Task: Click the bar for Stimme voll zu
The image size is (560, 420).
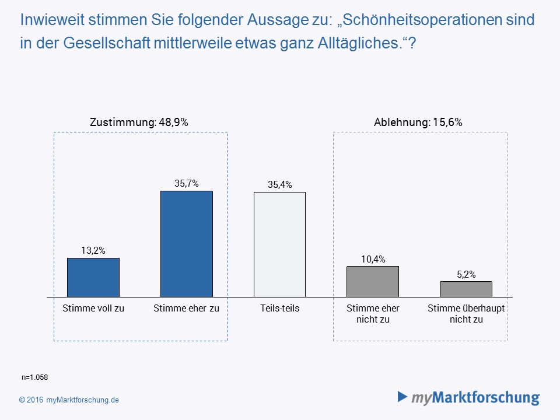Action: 93,277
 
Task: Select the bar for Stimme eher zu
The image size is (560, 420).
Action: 187,244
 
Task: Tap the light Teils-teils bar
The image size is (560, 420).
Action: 279,244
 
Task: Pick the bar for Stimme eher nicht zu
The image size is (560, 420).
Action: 373,281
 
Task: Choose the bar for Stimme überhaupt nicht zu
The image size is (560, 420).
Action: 466,289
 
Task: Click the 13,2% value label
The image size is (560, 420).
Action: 93,251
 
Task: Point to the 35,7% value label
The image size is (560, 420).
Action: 187,184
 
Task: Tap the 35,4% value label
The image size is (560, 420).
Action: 279,185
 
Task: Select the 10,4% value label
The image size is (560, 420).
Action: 373,259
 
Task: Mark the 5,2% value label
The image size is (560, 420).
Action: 466,274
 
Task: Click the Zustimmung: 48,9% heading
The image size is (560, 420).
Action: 139,123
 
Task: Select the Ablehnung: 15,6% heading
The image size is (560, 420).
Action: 418,123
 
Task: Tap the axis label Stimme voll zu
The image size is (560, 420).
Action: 93,308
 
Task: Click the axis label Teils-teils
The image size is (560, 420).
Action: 279,308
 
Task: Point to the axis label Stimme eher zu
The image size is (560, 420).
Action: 187,308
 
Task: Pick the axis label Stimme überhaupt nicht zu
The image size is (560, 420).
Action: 466,313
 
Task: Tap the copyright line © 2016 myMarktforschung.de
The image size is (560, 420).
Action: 69,400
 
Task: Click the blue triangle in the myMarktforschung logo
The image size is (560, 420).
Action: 402,397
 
